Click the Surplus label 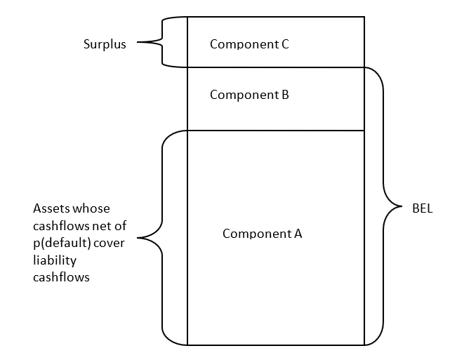pyautogui.click(x=105, y=44)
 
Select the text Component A pyautogui.click(x=262, y=234)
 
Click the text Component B pyautogui.click(x=249, y=95)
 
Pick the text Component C pyautogui.click(x=249, y=44)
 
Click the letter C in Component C pyautogui.click(x=284, y=44)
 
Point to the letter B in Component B pyautogui.click(x=284, y=95)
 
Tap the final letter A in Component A pyautogui.click(x=298, y=234)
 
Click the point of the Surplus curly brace pyautogui.click(x=138, y=43)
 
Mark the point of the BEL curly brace pyautogui.click(x=403, y=208)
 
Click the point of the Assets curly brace pyautogui.click(x=138, y=237)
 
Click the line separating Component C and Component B pyautogui.click(x=276, y=67)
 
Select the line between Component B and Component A pyautogui.click(x=276, y=130)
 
